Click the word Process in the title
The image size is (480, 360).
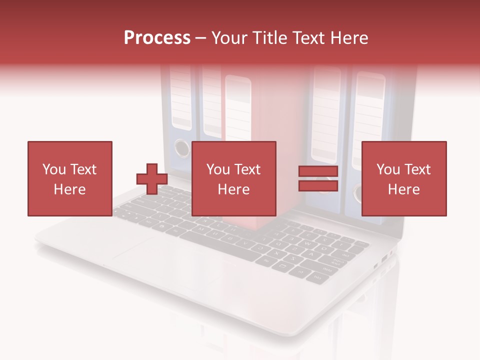click(x=157, y=38)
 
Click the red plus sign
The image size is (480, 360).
click(x=152, y=179)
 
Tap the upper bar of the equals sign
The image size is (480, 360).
click(x=318, y=171)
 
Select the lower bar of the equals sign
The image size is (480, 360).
click(x=318, y=185)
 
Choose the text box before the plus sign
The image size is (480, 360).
click(x=69, y=178)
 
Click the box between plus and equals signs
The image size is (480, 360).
click(x=233, y=178)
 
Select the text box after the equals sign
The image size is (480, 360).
click(x=404, y=178)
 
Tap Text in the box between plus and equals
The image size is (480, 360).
click(x=248, y=169)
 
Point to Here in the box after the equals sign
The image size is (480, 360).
click(x=403, y=189)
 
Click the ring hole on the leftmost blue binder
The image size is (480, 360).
click(x=182, y=148)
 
